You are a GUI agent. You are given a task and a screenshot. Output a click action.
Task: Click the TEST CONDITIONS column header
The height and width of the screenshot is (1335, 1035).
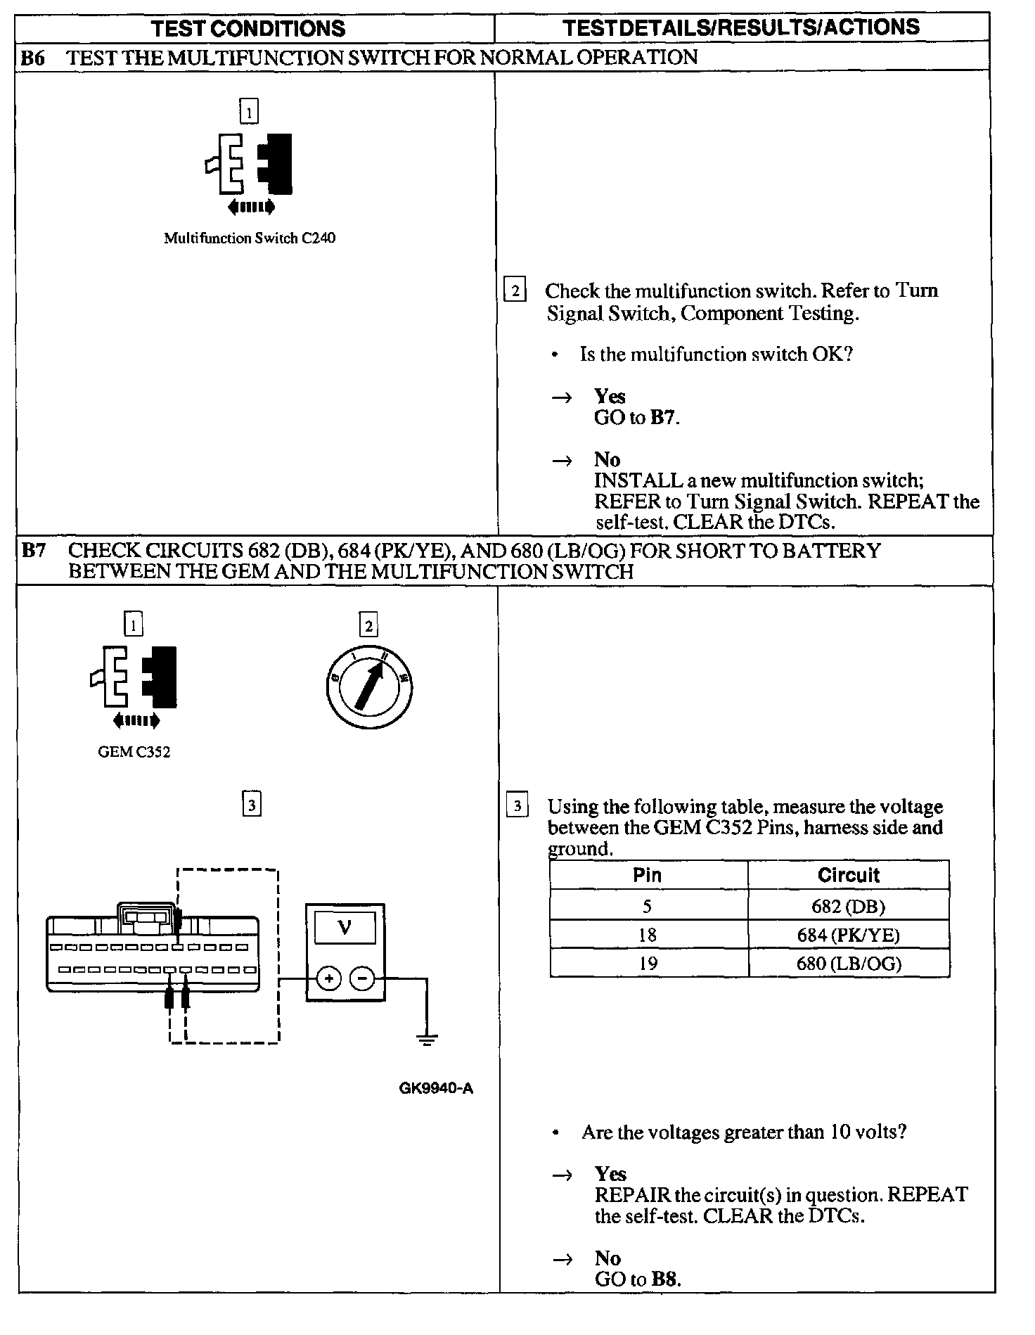249,28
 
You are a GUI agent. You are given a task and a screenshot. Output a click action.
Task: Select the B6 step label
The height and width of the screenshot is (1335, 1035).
32,58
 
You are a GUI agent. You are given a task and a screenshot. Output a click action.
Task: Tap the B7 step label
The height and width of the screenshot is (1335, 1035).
33,551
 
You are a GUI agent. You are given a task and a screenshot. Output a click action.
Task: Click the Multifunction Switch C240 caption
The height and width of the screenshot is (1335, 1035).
250,238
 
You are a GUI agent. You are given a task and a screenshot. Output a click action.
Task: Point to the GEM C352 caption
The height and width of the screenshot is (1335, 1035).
134,752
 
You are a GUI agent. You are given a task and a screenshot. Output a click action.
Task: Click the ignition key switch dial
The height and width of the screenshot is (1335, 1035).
369,686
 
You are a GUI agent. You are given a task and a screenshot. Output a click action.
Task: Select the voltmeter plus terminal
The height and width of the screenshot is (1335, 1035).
328,978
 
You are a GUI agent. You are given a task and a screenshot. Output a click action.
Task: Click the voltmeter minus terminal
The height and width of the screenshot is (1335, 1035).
363,978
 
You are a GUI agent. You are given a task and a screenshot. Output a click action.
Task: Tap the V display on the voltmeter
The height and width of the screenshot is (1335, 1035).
345,928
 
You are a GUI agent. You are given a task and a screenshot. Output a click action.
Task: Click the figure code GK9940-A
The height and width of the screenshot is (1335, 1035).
436,1089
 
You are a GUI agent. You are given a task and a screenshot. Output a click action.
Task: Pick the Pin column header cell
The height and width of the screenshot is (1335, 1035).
648,875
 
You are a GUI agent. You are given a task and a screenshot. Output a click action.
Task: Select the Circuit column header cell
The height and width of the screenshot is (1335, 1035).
849,875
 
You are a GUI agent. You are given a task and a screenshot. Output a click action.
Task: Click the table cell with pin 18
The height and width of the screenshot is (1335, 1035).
648,935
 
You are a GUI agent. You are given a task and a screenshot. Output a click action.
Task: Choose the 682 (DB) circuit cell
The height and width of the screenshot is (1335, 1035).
849,906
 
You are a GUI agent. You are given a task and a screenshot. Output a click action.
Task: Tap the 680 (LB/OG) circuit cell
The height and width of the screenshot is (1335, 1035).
849,963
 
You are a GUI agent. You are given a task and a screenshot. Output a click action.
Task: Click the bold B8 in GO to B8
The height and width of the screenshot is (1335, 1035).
665,1279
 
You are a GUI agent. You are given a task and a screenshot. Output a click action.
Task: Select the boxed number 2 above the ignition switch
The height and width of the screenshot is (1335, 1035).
368,625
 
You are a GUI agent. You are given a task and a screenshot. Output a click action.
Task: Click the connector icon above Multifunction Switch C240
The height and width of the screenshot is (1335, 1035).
249,165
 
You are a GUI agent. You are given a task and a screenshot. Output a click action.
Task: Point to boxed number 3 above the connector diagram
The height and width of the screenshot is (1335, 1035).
252,804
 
